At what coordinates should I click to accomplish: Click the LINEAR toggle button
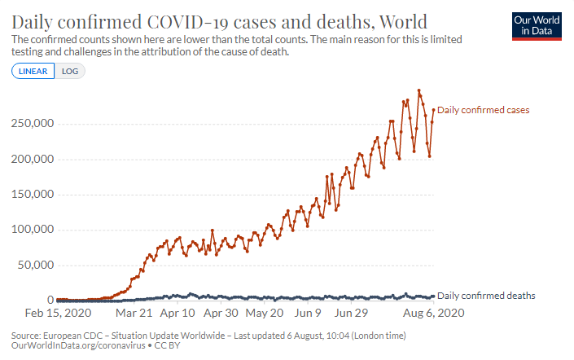(x=33, y=71)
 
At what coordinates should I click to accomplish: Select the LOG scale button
(x=70, y=71)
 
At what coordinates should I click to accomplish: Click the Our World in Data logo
(x=538, y=26)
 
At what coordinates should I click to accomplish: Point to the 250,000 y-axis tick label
(x=32, y=124)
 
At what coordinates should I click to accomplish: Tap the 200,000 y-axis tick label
(x=32, y=159)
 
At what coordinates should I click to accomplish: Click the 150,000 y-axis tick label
(x=32, y=194)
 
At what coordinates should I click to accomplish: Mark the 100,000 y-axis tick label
(x=32, y=230)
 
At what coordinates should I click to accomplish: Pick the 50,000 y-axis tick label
(x=35, y=265)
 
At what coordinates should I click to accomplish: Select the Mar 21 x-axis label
(x=134, y=313)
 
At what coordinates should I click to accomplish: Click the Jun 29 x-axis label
(x=351, y=313)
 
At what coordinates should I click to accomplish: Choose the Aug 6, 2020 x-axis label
(x=435, y=313)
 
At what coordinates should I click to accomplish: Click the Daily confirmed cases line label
(x=484, y=109)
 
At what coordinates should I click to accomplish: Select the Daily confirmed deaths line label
(x=486, y=295)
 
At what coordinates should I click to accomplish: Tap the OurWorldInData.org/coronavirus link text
(x=78, y=346)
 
